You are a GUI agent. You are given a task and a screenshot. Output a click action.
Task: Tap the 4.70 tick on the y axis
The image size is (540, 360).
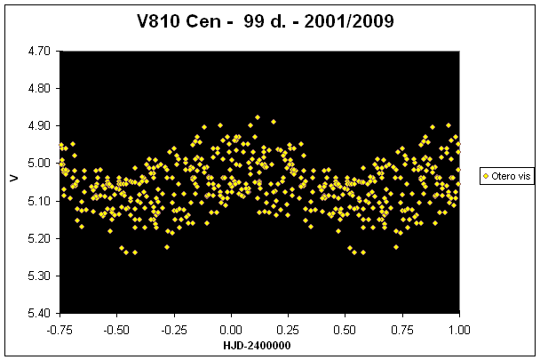pyautogui.click(x=38, y=52)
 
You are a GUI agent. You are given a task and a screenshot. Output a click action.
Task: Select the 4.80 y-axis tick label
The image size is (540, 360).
pyautogui.click(x=38, y=89)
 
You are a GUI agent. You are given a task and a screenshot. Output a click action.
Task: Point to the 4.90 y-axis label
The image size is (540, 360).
pyautogui.click(x=38, y=126)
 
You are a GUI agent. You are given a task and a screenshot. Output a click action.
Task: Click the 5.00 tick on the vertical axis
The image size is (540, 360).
pyautogui.click(x=38, y=164)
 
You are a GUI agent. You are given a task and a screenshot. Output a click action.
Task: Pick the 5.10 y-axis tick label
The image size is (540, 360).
pyautogui.click(x=38, y=201)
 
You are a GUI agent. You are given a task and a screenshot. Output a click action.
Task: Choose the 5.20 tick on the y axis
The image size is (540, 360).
pyautogui.click(x=38, y=238)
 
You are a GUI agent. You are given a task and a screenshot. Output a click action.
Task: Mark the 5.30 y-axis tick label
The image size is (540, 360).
pyautogui.click(x=38, y=276)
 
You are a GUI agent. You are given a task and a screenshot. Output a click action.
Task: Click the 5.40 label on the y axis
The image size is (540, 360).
pyautogui.click(x=38, y=313)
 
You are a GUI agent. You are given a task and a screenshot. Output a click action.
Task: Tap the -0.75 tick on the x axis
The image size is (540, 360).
pyautogui.click(x=60, y=329)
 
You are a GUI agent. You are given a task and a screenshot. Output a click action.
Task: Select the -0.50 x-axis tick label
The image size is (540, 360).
pyautogui.click(x=116, y=329)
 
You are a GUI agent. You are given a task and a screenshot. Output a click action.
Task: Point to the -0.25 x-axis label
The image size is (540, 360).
pyautogui.click(x=173, y=329)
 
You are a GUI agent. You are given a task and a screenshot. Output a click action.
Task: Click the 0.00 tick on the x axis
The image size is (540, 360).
pyautogui.click(x=231, y=329)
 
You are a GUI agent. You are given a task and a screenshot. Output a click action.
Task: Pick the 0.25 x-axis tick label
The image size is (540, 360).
pyautogui.click(x=288, y=329)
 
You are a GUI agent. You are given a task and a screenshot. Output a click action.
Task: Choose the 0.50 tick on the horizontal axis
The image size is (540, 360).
pyautogui.click(x=345, y=329)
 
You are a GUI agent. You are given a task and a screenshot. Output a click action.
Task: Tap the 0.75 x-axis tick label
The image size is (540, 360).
pyautogui.click(x=402, y=329)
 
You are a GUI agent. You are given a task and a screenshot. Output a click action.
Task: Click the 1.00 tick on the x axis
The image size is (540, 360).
pyautogui.click(x=459, y=329)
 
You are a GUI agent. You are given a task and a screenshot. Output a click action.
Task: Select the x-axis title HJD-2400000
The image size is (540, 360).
pyautogui.click(x=258, y=345)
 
